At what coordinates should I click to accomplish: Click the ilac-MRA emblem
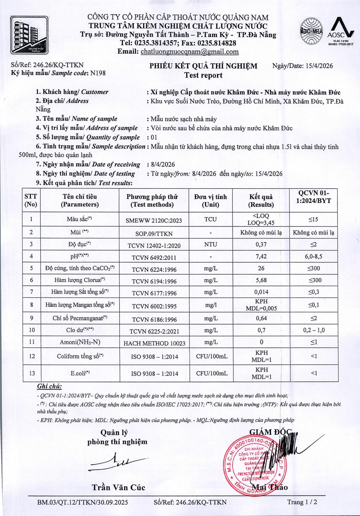click(x=311, y=31)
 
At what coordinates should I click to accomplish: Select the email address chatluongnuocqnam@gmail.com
click(x=190, y=52)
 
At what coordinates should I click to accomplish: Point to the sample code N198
click(x=98, y=73)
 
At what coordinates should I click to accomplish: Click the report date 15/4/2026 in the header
click(x=319, y=66)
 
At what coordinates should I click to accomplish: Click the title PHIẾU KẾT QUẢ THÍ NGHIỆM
click(x=203, y=66)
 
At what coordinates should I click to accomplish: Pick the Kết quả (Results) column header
click(x=261, y=201)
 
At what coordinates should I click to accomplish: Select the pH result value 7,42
click(x=261, y=256)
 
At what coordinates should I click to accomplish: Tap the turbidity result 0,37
click(x=261, y=244)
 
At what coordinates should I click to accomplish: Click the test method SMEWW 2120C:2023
click(x=154, y=221)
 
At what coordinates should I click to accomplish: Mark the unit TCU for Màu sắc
click(x=210, y=219)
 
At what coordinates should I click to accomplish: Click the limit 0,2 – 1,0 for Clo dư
click(x=314, y=330)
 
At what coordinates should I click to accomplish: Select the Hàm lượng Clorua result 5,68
click(x=261, y=280)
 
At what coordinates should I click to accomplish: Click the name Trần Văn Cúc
click(x=118, y=487)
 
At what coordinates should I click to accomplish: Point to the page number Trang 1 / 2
click(x=302, y=502)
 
